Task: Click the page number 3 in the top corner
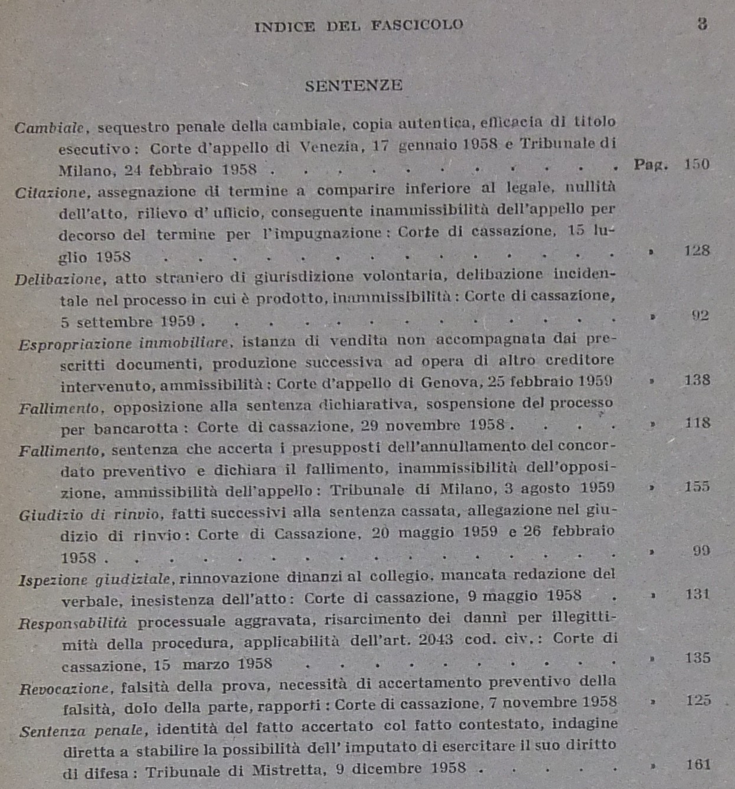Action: click(x=701, y=24)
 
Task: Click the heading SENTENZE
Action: click(x=354, y=86)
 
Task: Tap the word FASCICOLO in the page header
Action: click(x=417, y=25)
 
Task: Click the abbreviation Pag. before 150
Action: click(x=651, y=165)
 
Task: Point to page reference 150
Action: click(x=697, y=164)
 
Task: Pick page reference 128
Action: click(x=697, y=250)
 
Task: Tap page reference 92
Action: click(x=700, y=315)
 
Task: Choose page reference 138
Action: click(x=697, y=380)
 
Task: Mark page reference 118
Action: click(x=697, y=423)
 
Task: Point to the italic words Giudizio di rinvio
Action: click(x=89, y=515)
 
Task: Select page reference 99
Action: click(x=701, y=551)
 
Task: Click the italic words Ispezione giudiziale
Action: click(x=94, y=579)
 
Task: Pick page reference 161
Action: click(x=698, y=765)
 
